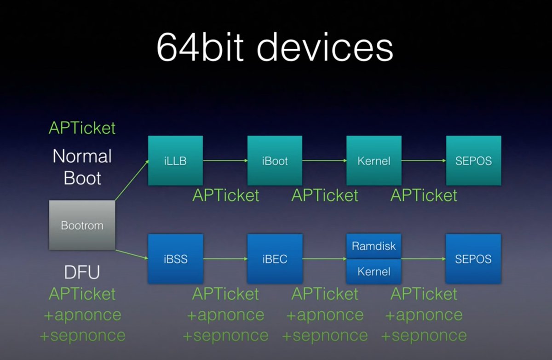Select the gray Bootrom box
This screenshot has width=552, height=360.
(82, 225)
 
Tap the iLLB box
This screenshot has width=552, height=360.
(175, 161)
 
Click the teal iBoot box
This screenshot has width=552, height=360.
(275, 161)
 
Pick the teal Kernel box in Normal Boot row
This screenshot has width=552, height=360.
(374, 161)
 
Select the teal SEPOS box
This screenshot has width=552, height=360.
(473, 161)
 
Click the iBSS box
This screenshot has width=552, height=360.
(175, 259)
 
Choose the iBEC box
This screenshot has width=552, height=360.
(275, 259)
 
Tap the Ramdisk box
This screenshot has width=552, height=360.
(374, 246)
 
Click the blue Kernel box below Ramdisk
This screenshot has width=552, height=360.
(374, 272)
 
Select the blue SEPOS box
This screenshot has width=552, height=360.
(473, 259)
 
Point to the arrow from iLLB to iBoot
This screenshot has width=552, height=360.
(225, 161)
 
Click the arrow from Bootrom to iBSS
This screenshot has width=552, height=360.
(131, 255)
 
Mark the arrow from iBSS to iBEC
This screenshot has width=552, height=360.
(225, 259)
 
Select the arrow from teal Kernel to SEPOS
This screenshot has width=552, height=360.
(424, 161)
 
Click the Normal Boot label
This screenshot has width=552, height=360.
(82, 167)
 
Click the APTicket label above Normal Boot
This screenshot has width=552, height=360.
(82, 128)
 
